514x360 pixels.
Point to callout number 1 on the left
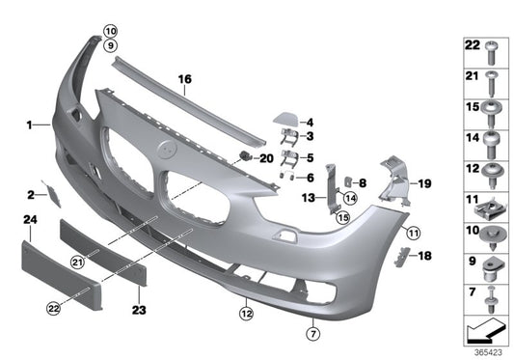30,124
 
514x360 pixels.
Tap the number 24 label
30,221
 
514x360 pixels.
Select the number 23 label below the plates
140,311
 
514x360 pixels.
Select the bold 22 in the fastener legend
472,45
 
